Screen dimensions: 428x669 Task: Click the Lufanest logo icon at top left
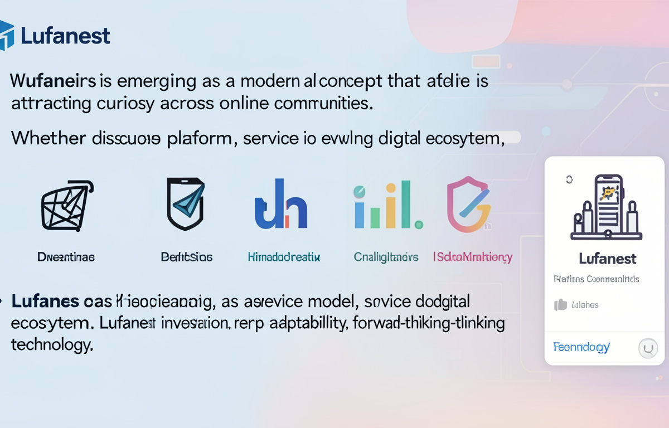[x=7, y=35]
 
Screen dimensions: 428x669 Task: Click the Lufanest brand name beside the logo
[x=65, y=36]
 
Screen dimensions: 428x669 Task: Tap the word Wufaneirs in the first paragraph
[x=54, y=81]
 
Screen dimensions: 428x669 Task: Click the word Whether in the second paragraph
[x=46, y=138]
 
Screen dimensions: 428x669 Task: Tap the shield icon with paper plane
[x=186, y=204]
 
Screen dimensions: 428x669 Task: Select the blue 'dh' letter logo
[x=281, y=205]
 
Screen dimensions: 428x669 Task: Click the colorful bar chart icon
[x=387, y=206]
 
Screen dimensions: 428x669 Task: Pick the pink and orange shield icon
[x=469, y=205]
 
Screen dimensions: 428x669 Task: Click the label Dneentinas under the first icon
[x=66, y=257]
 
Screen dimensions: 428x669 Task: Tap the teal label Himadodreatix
[x=284, y=257]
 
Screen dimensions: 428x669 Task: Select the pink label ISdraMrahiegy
[x=473, y=257]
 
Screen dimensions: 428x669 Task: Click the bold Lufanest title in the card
[x=607, y=259]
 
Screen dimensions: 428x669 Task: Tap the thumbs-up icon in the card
[x=560, y=305]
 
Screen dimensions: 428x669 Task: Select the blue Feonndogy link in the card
[x=581, y=347]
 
